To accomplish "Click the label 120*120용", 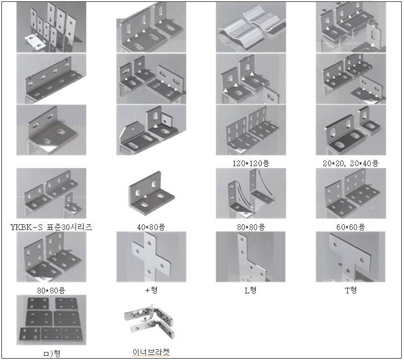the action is (251, 164).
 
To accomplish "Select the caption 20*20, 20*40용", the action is (351, 164).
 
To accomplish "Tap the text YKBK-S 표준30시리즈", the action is (51, 227).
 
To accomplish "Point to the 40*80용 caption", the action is (151, 227).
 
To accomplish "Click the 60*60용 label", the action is (351, 227).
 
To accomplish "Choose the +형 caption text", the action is (151, 290).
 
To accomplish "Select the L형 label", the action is (251, 290).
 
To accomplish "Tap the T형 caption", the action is (351, 290).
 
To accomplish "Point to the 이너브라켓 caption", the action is (151, 352).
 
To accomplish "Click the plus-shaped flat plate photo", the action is (151, 257).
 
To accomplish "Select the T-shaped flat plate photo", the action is (351, 257).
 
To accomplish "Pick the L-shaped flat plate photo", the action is (251, 257).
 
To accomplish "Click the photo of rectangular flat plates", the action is (51, 320).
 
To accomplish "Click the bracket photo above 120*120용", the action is (251, 130).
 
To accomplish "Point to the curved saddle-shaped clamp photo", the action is (251, 27).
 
